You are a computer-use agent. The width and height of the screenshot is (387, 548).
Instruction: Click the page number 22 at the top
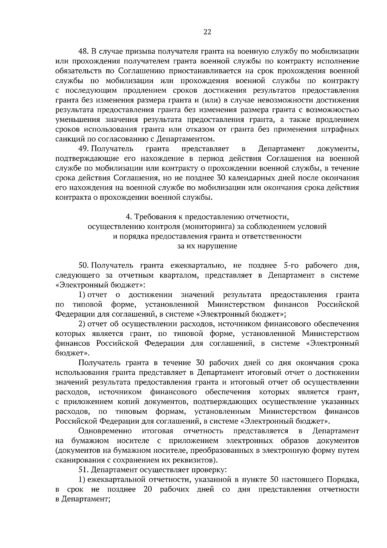[x=207, y=32]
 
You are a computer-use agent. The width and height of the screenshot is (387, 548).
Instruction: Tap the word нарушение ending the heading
[x=217, y=246]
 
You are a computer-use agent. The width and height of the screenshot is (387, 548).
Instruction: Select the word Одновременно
[x=105, y=431]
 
